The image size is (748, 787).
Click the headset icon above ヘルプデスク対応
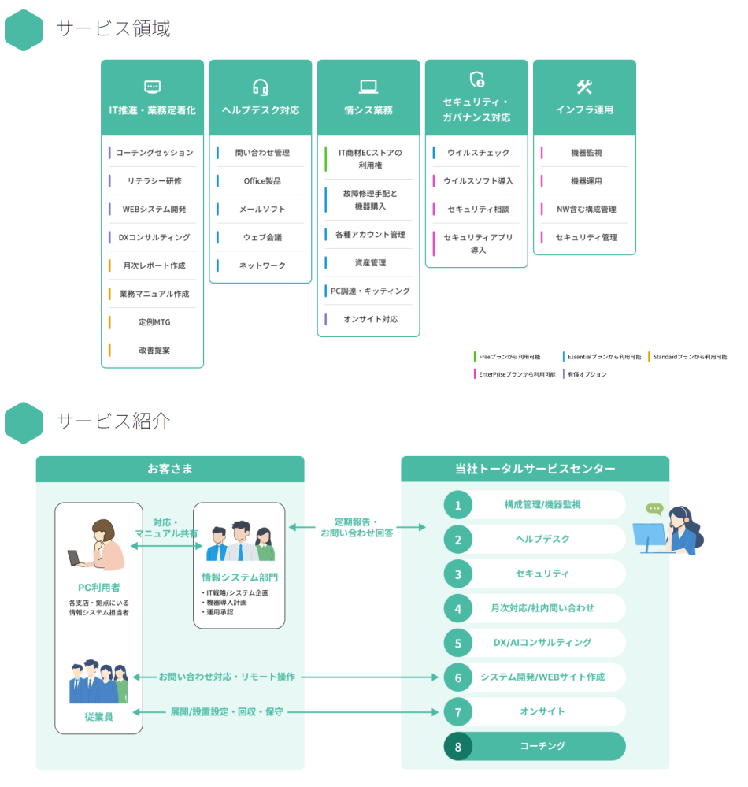tap(261, 87)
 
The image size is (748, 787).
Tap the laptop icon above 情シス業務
tap(368, 87)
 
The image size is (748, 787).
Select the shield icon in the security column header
tap(476, 80)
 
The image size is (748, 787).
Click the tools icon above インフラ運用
tap(584, 87)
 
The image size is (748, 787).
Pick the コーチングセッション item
tap(154, 153)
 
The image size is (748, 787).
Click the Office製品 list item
tap(262, 181)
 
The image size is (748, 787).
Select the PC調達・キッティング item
tap(370, 291)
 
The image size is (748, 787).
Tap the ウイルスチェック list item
tap(478, 153)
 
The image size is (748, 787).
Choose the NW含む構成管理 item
tap(586, 210)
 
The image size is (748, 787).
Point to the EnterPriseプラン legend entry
tap(517, 374)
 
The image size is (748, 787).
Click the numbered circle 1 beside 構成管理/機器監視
tap(457, 505)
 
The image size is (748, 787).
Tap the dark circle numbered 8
tap(457, 746)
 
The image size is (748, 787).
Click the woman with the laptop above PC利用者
tap(98, 544)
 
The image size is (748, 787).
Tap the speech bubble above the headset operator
tap(654, 509)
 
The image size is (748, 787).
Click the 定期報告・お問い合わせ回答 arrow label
tap(357, 528)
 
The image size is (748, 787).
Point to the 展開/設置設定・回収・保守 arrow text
tap(227, 712)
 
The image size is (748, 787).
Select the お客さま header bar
tap(170, 470)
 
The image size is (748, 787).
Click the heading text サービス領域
tap(113, 28)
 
